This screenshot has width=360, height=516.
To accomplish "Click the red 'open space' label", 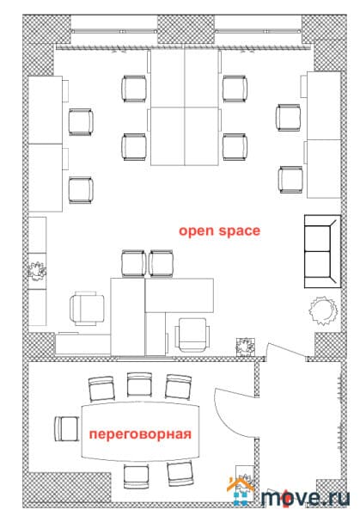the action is (219, 231).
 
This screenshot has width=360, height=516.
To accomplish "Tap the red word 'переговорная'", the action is (140, 434).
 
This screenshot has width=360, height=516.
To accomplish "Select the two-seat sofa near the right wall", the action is (322, 251).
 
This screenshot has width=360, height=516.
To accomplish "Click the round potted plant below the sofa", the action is (323, 310).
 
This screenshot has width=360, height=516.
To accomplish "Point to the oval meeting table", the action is (140, 431).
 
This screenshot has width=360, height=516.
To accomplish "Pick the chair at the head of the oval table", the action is (67, 428).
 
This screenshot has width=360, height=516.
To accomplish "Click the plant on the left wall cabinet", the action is (37, 271).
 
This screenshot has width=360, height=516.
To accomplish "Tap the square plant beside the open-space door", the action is (245, 347).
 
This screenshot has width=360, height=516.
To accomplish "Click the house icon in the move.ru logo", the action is (241, 492).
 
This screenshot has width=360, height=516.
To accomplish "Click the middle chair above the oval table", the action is (139, 384).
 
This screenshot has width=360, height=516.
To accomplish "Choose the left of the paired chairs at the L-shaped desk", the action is (133, 263).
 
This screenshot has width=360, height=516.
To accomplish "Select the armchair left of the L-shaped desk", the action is (88, 308).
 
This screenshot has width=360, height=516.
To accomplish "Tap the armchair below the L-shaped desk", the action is (192, 334).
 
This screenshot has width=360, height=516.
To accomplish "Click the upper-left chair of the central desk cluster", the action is (134, 89).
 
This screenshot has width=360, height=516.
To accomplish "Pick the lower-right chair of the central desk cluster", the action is (235, 147).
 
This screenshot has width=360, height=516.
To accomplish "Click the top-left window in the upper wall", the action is (114, 29).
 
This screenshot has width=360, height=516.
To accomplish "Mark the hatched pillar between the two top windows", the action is (186, 29).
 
